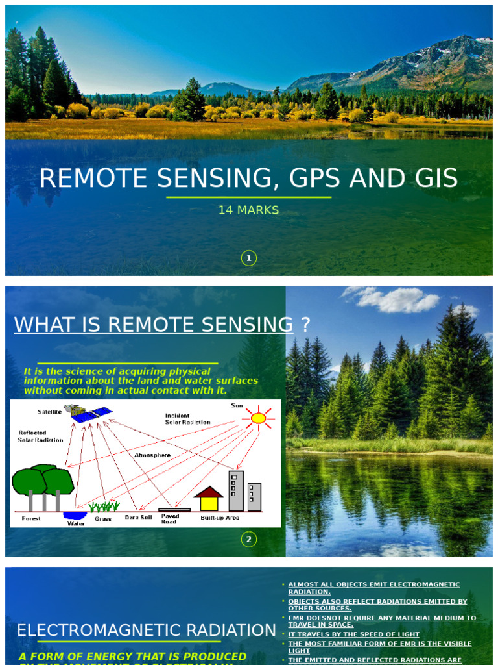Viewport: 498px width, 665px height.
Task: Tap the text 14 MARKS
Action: click(249, 210)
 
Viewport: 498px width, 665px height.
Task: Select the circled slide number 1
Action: click(249, 258)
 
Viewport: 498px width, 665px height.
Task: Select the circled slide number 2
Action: click(249, 539)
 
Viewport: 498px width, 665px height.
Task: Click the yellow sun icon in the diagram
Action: click(258, 418)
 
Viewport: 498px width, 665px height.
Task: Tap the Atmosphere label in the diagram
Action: click(152, 455)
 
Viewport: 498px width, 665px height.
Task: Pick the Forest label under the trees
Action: click(31, 518)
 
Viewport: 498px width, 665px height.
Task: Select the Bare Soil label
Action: click(138, 517)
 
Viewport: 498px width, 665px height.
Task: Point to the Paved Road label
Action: click(171, 519)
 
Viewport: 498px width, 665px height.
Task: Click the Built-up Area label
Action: click(220, 518)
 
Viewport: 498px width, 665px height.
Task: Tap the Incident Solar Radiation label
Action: click(187, 419)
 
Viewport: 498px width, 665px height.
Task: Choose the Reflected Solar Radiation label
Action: click(40, 436)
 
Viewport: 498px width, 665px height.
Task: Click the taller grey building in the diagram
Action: click(236, 490)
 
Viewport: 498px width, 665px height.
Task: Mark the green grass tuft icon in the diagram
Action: click(104, 507)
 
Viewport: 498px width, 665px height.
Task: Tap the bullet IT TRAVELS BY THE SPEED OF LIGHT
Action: click(354, 634)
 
